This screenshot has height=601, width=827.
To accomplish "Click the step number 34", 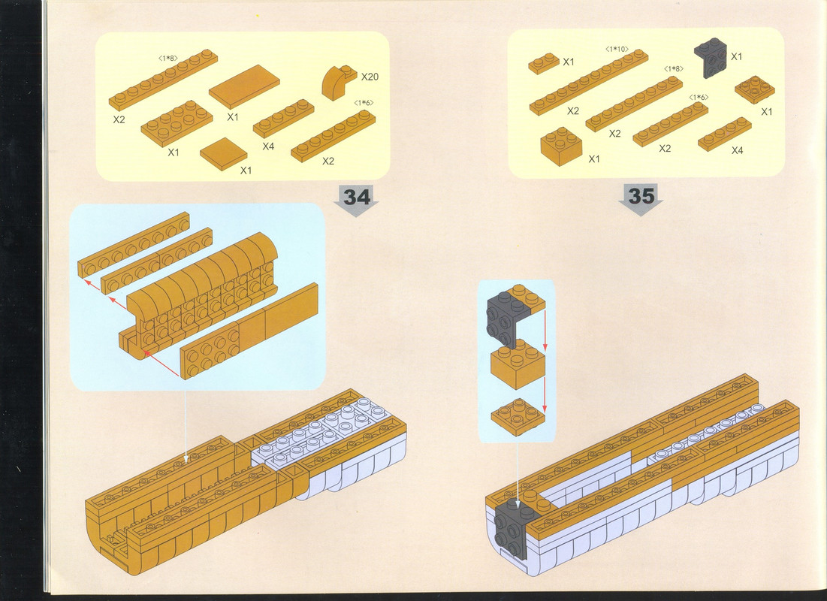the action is [x=357, y=198].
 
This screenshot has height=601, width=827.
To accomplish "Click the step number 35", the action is [x=641, y=196].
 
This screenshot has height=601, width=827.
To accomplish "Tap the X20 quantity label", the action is [x=370, y=77].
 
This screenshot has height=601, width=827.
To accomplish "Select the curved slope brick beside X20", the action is [x=338, y=83].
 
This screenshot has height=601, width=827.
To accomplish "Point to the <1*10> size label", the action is [x=617, y=49].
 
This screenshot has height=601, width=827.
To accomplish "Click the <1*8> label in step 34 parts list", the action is [x=168, y=58].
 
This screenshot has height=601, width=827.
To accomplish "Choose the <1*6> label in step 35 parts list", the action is [x=699, y=97].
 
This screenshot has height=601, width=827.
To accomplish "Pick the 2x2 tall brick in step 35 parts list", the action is [x=561, y=146].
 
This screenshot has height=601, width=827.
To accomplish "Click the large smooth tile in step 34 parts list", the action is [x=244, y=86].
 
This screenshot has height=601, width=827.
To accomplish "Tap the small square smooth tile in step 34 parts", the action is [x=224, y=153].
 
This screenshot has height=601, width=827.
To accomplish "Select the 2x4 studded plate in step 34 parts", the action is [x=177, y=123].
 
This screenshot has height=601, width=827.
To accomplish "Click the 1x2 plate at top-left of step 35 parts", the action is [x=544, y=63].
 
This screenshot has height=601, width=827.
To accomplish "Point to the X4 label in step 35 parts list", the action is [x=738, y=150].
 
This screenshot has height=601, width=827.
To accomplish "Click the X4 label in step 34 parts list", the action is [x=268, y=146].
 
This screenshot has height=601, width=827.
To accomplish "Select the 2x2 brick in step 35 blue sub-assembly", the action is [x=518, y=364].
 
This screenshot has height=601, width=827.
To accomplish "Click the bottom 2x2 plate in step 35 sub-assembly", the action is [x=518, y=416].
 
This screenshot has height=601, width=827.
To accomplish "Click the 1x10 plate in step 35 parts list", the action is [x=589, y=82].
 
